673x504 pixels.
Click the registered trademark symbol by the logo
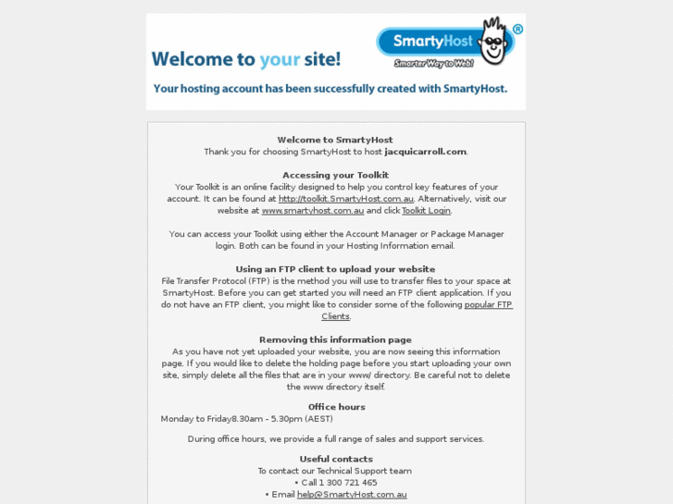click(517, 29)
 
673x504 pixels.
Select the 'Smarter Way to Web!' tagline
click(434, 63)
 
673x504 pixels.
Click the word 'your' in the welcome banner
click(280, 59)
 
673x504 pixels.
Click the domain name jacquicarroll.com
click(425, 152)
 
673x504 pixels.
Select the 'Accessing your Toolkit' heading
click(335, 175)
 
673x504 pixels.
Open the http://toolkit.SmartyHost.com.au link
click(345, 199)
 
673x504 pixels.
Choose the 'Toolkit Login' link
click(426, 211)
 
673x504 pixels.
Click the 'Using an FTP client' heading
click(335, 269)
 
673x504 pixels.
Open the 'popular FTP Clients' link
click(488, 304)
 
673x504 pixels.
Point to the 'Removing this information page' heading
click(335, 339)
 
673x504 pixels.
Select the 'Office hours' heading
click(336, 407)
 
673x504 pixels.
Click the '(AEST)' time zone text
click(318, 419)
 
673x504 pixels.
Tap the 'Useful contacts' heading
click(336, 459)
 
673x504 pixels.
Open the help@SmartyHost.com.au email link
click(352, 495)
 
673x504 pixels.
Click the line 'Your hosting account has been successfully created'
click(330, 89)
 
